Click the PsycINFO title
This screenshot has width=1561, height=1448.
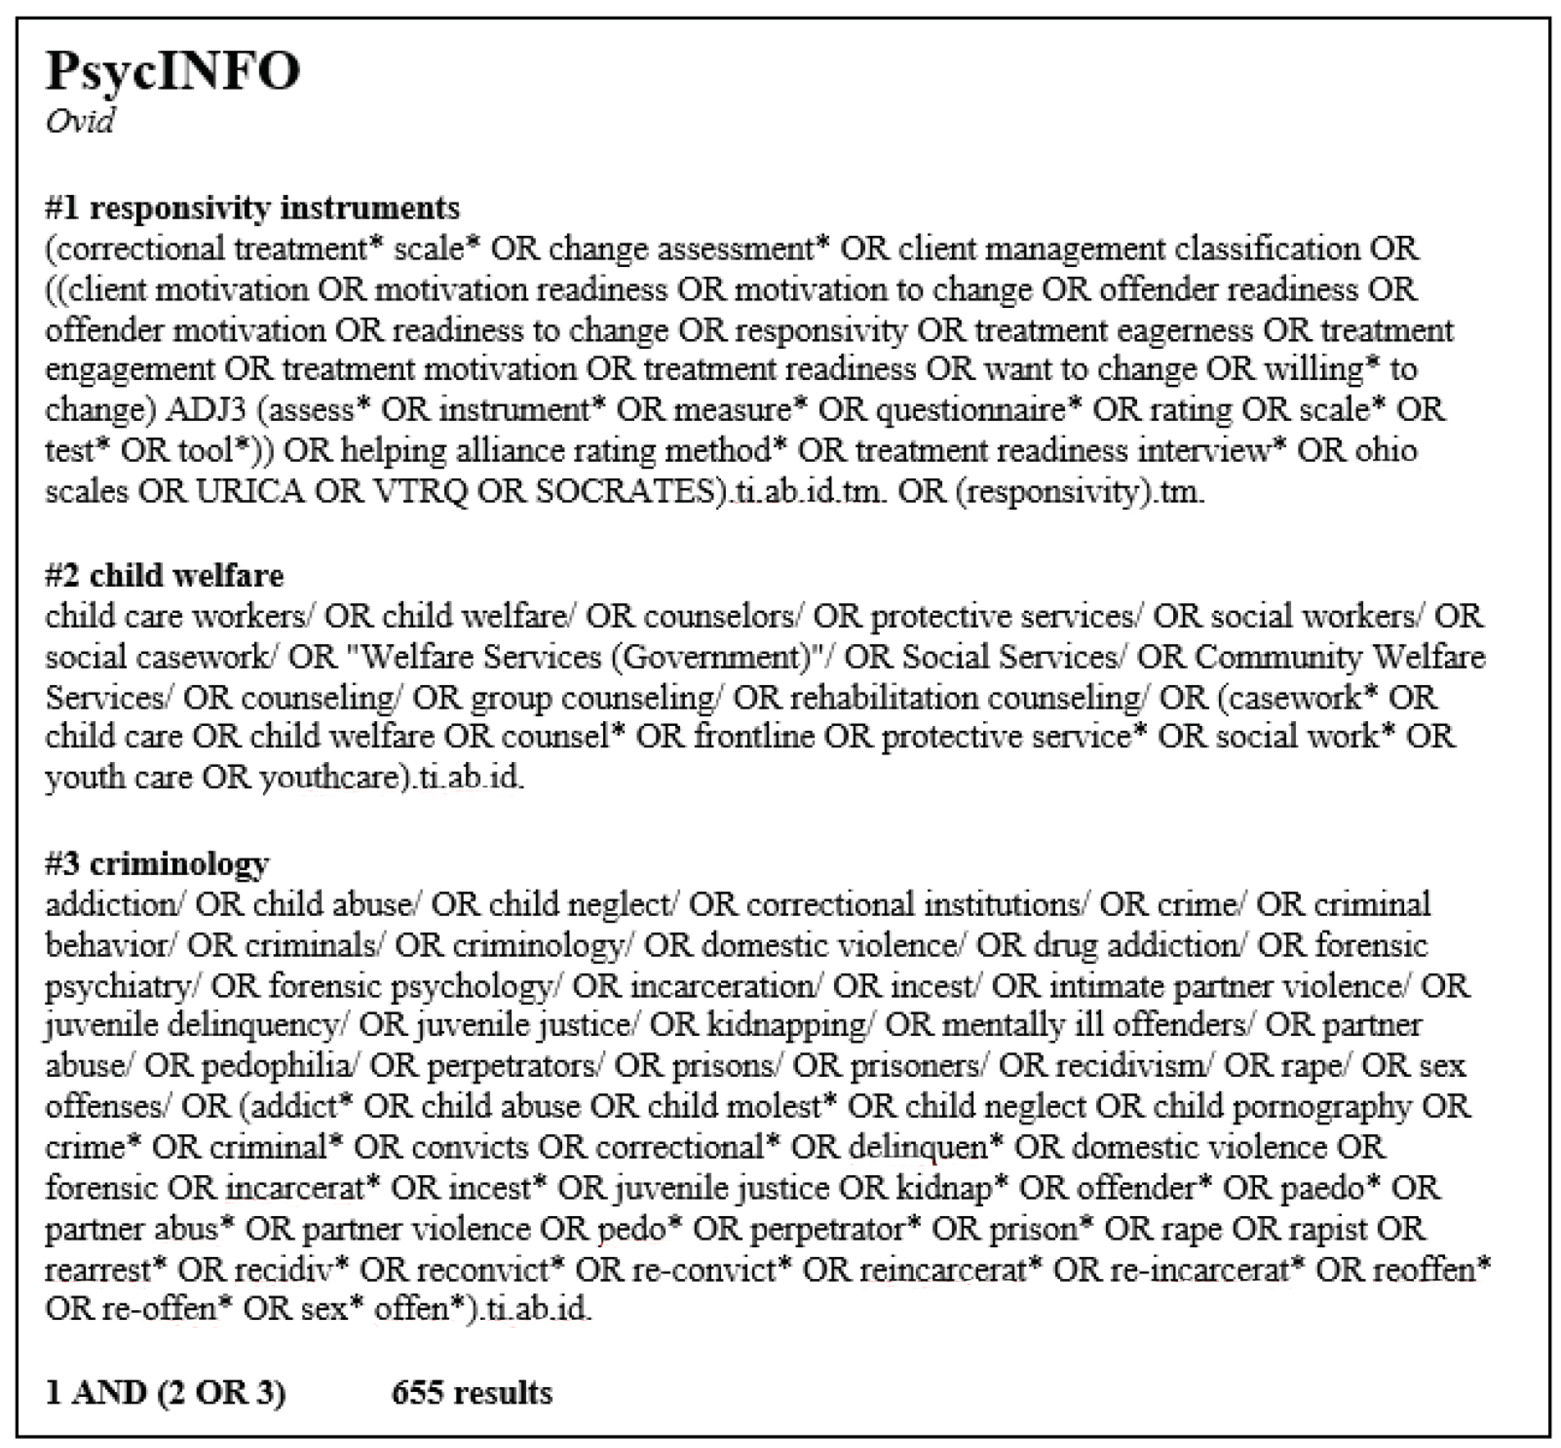click(172, 72)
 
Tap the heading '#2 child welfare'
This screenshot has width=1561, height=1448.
click(165, 576)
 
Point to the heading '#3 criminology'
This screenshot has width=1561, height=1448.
click(157, 863)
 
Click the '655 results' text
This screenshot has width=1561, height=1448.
click(472, 1393)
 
